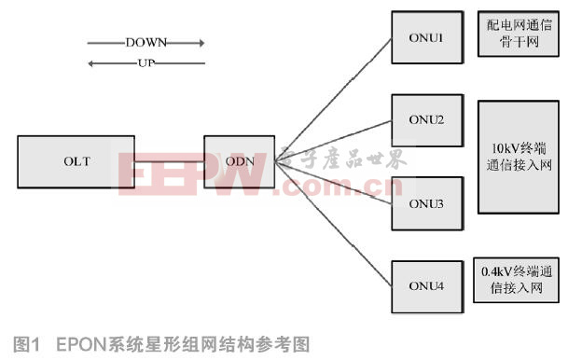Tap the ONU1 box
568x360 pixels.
[x=424, y=36]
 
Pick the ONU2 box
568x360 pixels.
[x=424, y=118]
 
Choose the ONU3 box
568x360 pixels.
[x=424, y=202]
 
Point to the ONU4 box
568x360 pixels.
[x=424, y=285]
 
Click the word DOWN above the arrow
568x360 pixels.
[x=144, y=43]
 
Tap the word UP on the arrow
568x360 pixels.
[x=144, y=63]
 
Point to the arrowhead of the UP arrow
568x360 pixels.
[x=90, y=63]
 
